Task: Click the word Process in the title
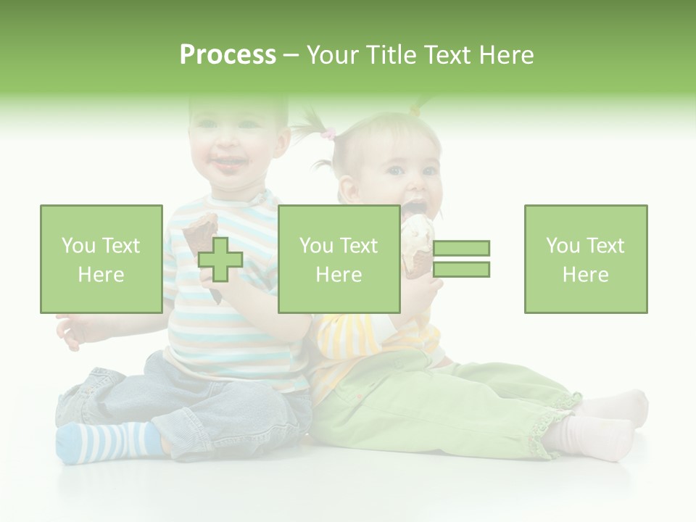point(228,55)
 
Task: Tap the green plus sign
point(220,260)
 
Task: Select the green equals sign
point(461,259)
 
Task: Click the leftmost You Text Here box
point(101,259)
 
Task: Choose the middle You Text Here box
point(339,259)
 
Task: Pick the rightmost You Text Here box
point(585,259)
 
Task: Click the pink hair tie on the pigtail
point(329,134)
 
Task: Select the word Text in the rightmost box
point(605,246)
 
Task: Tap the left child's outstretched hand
point(72,331)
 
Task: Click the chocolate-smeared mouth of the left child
point(228,166)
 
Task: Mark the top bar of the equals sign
point(461,248)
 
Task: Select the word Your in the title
point(333,55)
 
